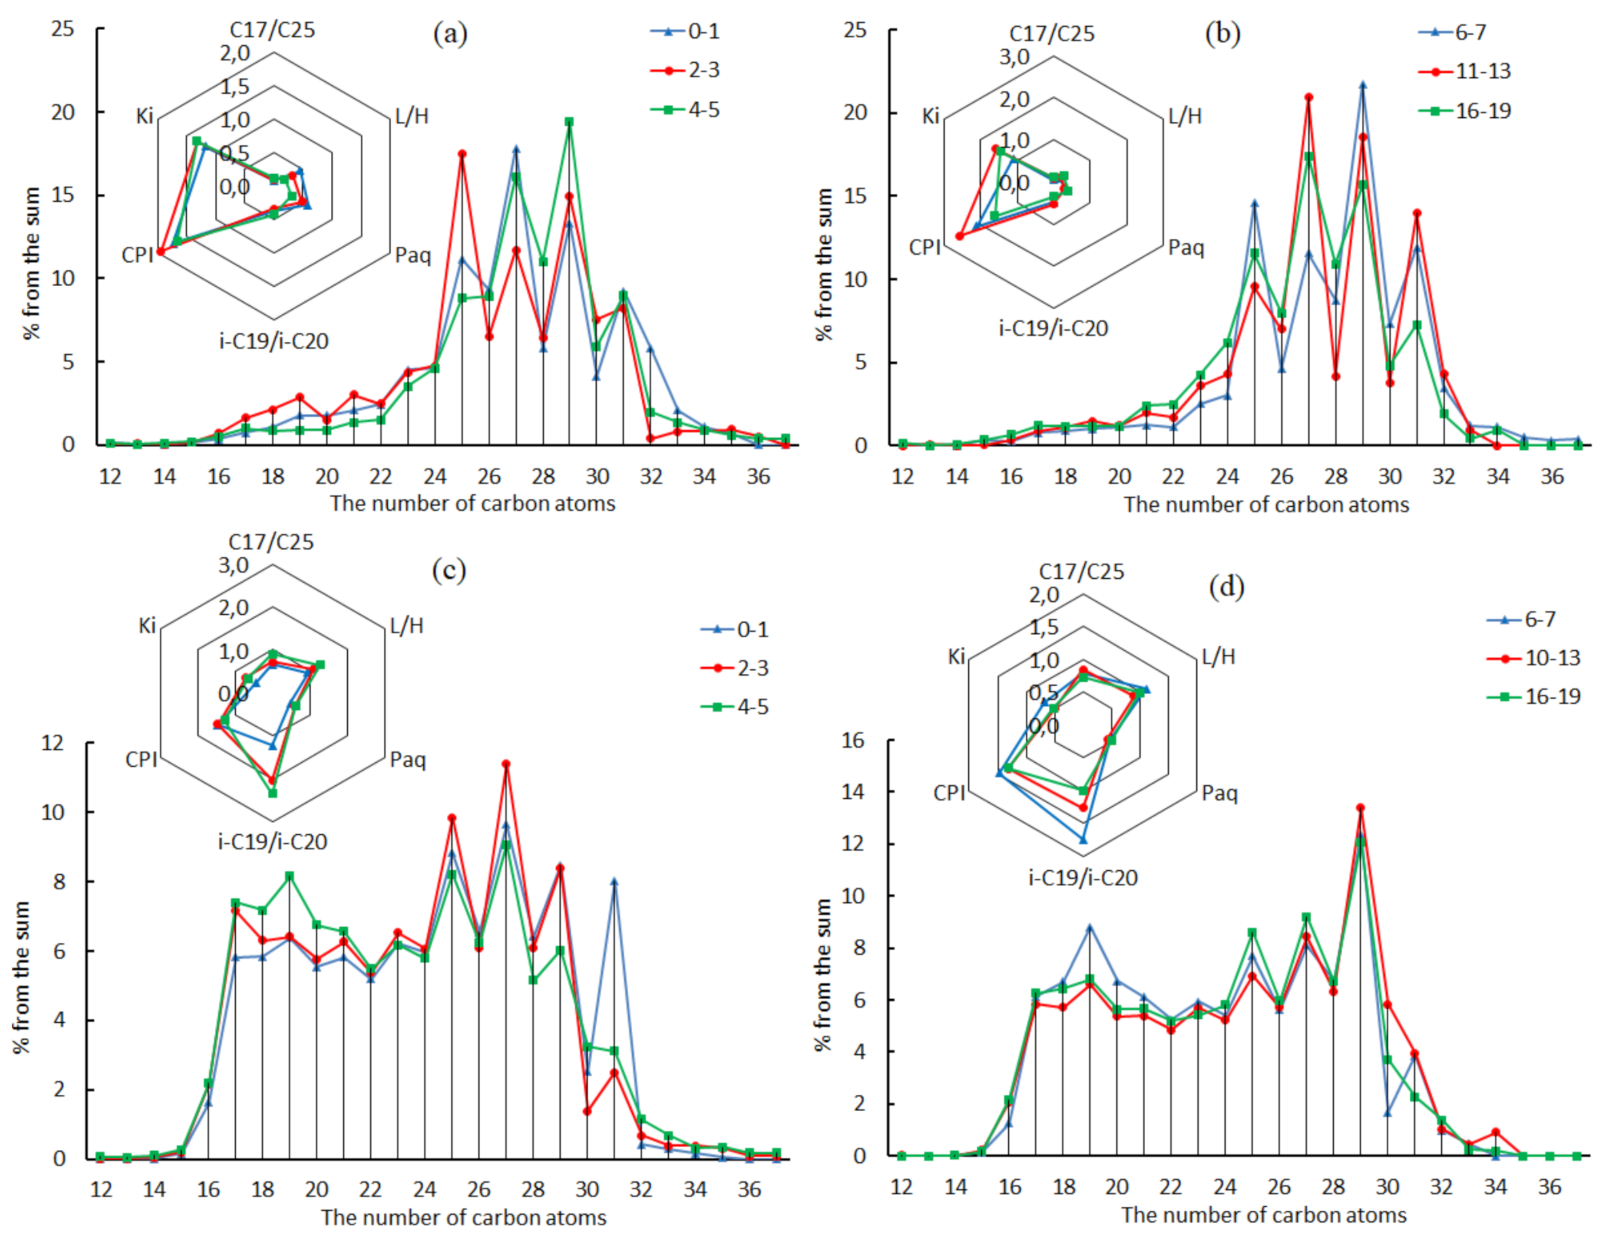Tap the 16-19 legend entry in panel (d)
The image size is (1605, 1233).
(x=1552, y=697)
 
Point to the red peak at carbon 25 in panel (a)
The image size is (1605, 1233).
(x=462, y=154)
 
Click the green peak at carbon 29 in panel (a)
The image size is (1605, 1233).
(x=569, y=122)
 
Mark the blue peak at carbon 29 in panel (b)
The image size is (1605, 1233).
(x=1363, y=85)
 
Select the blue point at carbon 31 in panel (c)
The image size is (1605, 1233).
(x=614, y=881)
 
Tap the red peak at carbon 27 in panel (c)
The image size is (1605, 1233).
(x=506, y=764)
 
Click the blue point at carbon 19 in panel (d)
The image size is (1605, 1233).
(x=1089, y=927)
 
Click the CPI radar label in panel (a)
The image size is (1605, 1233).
(x=138, y=255)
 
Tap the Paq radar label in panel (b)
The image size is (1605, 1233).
(x=1186, y=248)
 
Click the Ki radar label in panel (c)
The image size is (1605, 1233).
(x=147, y=625)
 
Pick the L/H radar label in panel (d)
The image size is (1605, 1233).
(x=1217, y=656)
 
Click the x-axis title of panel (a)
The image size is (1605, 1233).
(x=472, y=504)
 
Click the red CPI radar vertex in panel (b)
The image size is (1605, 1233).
(x=959, y=236)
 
